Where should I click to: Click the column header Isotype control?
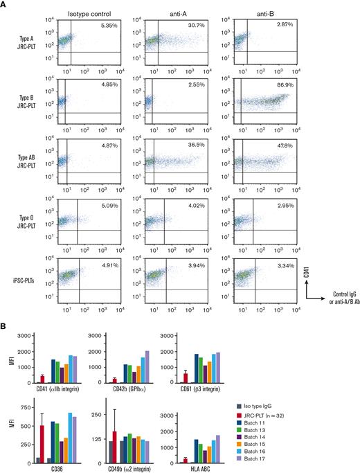tap(93, 12)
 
